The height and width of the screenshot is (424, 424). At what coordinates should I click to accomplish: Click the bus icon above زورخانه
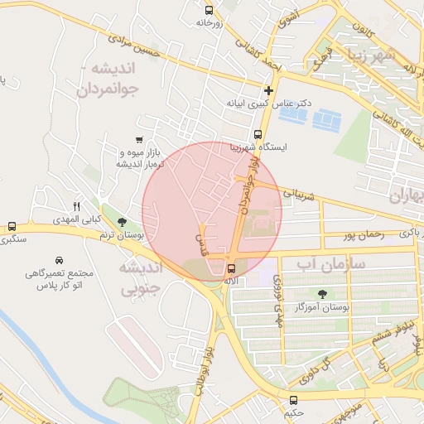pyautogui.click(x=209, y=11)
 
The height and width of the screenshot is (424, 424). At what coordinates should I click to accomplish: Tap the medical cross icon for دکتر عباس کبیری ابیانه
pyautogui.click(x=268, y=90)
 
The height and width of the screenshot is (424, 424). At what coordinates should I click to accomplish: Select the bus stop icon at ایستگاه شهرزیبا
pyautogui.click(x=258, y=133)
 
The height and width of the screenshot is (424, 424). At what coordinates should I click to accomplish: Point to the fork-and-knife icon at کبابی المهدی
pyautogui.click(x=76, y=206)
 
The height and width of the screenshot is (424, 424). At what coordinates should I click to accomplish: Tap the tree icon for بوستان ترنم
pyautogui.click(x=123, y=222)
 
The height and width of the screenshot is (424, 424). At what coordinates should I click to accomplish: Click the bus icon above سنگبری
pyautogui.click(x=12, y=226)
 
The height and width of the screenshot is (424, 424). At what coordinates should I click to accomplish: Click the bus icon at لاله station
pyautogui.click(x=231, y=267)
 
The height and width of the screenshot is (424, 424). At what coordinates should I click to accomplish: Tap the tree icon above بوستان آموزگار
pyautogui.click(x=321, y=293)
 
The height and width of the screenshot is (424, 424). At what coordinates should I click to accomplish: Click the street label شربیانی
pyautogui.click(x=300, y=195)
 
